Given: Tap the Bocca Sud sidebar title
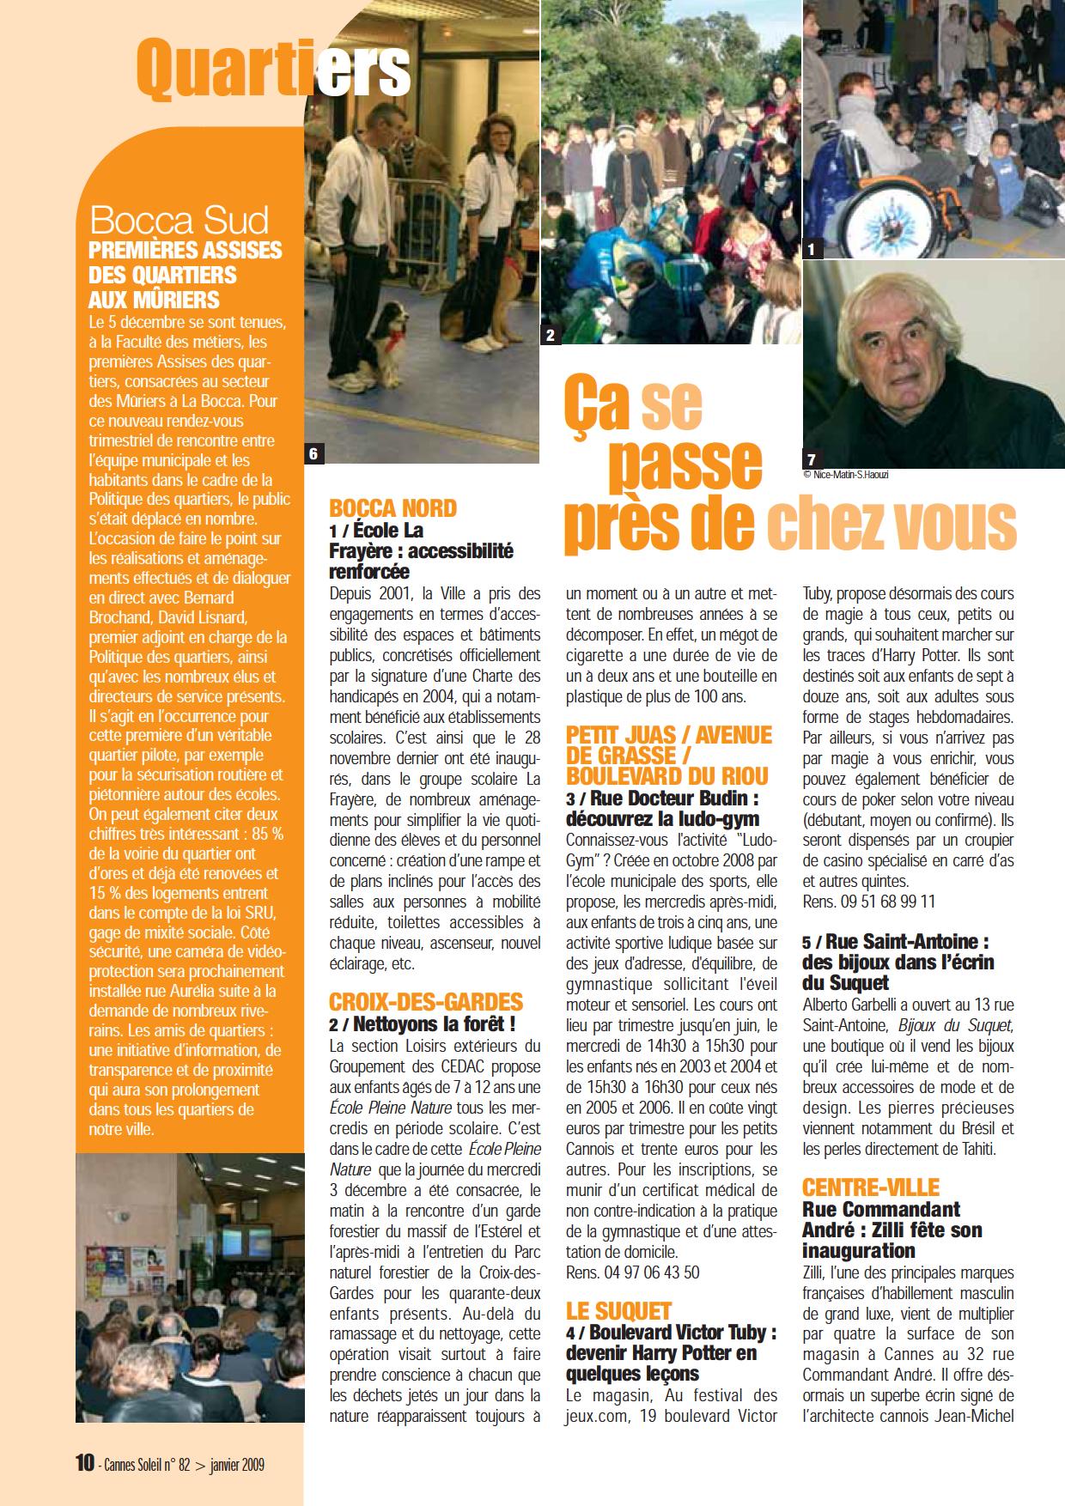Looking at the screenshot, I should point(179,221).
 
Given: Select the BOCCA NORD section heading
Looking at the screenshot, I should point(393,508).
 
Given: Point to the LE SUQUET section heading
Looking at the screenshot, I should point(618,1310).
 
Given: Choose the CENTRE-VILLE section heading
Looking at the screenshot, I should point(871,1187).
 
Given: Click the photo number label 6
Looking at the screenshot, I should point(314,454).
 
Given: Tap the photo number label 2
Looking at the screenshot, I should point(550,336).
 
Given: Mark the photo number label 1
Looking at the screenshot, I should point(812,250).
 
